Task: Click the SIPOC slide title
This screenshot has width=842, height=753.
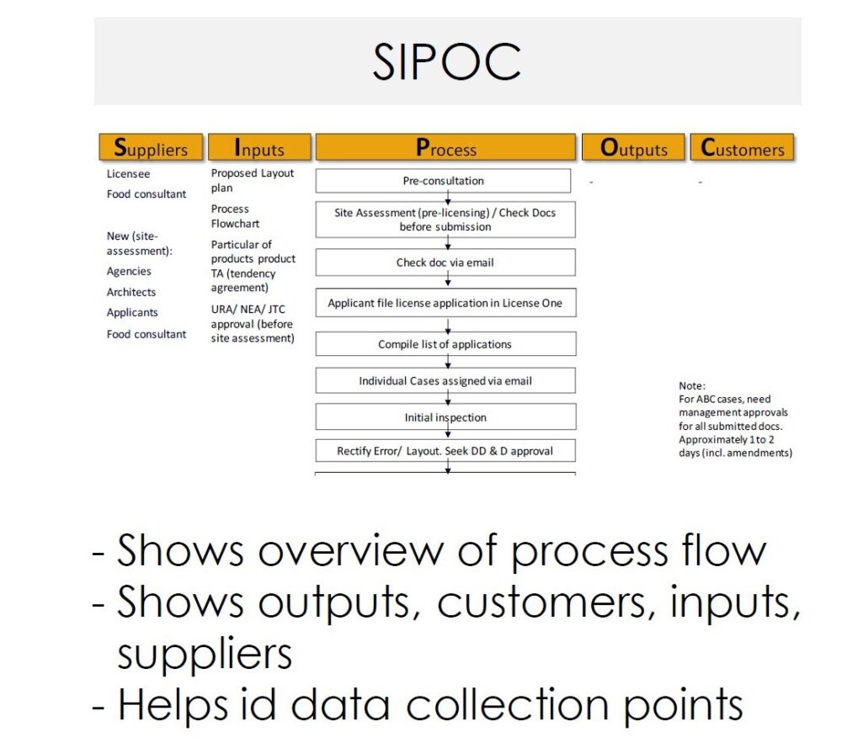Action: point(446,61)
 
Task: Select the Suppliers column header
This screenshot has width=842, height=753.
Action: point(151,149)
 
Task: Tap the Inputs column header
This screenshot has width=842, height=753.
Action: point(259,149)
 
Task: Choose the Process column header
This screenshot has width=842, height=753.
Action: point(445,149)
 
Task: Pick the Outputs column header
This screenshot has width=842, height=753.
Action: point(634,149)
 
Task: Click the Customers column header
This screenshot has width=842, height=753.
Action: point(742,149)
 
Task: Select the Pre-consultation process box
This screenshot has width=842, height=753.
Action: point(444,181)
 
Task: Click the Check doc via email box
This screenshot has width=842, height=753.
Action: point(445,262)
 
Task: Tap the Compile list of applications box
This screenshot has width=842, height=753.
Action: point(445,344)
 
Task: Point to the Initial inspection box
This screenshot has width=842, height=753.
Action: point(445,417)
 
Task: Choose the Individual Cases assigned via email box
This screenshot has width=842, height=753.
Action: point(445,381)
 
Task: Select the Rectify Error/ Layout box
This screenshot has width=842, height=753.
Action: point(445,451)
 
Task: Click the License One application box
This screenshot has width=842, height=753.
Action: point(445,303)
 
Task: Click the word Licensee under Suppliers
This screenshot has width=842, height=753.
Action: point(129,174)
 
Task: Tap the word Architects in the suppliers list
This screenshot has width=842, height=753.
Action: point(131,292)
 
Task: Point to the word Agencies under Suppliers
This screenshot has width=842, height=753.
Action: point(129,271)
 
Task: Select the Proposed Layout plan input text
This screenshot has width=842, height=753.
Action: point(252,180)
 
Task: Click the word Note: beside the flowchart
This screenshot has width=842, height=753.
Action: point(692,386)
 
